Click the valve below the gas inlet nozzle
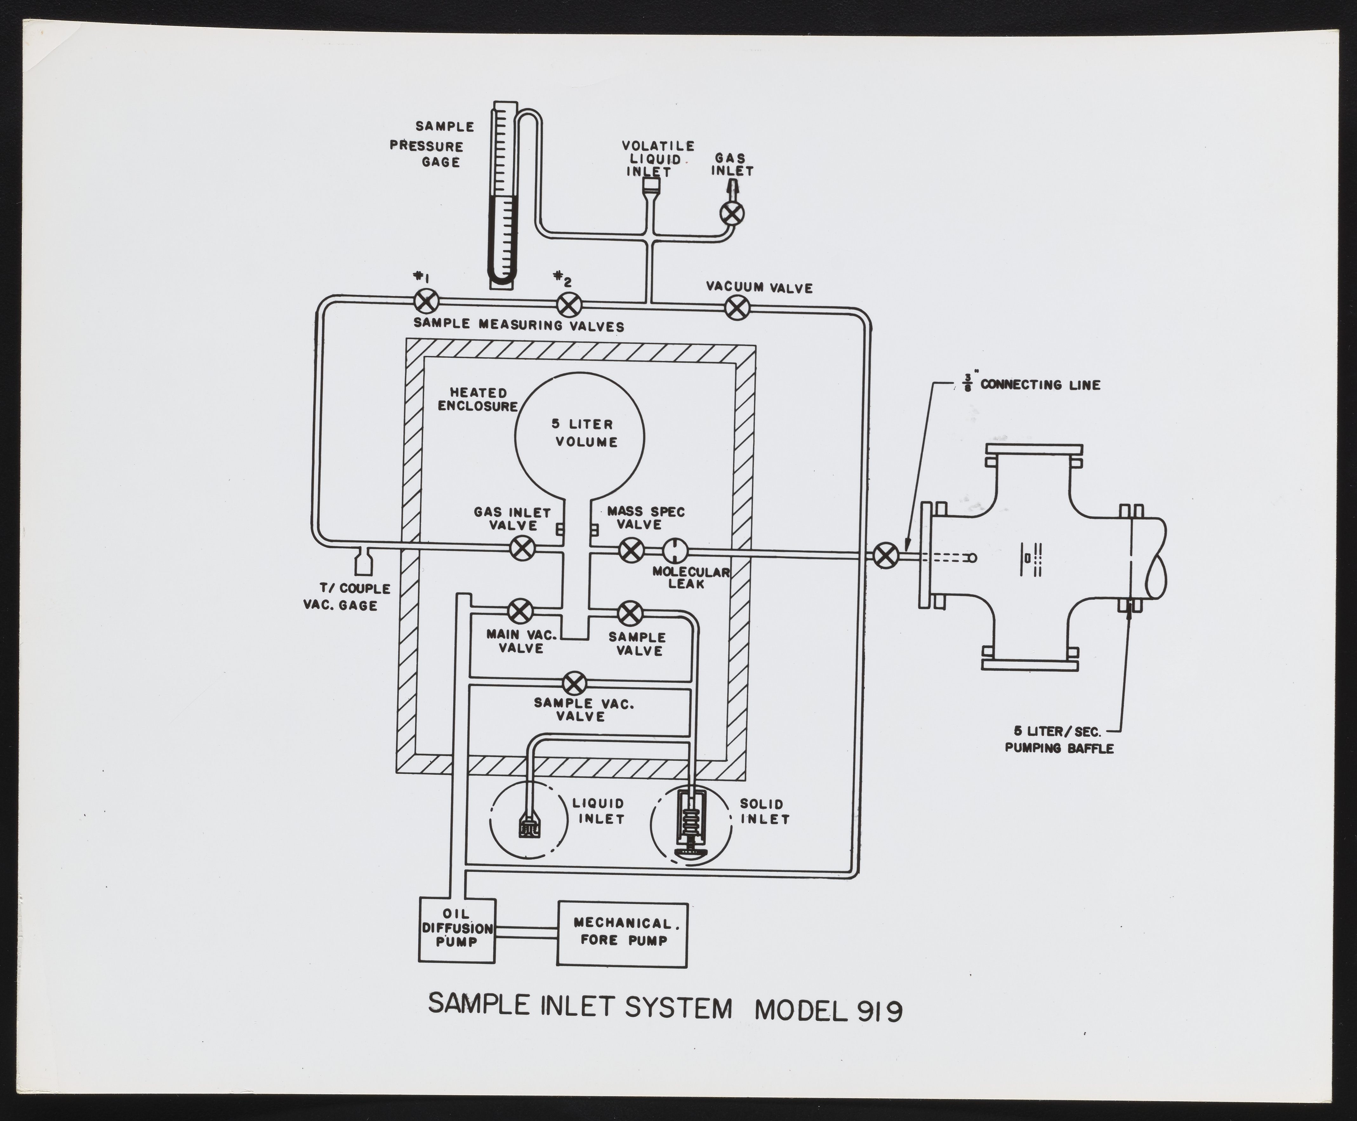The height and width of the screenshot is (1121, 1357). pos(732,213)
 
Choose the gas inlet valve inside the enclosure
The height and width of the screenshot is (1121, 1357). pos(522,549)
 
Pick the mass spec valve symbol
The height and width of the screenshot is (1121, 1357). pos(631,550)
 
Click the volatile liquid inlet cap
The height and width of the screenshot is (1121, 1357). pos(651,186)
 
